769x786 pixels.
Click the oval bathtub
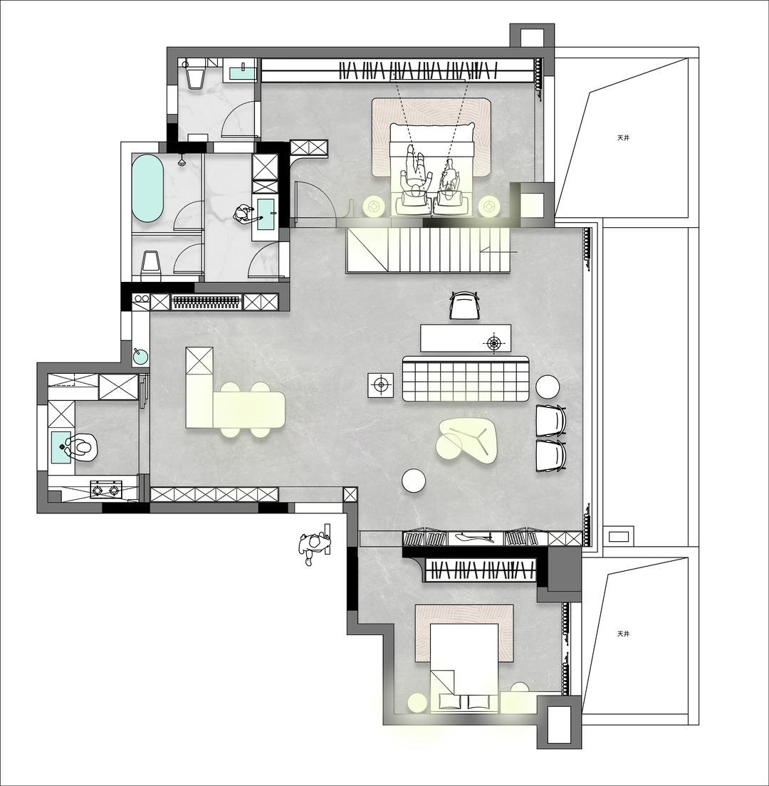click(x=147, y=189)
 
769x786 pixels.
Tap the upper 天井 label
click(x=623, y=137)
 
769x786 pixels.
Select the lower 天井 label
click(x=623, y=634)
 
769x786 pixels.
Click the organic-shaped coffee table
click(x=467, y=441)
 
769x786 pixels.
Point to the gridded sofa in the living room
click(x=466, y=379)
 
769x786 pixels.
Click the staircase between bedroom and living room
click(x=427, y=250)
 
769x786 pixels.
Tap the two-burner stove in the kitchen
click(x=106, y=489)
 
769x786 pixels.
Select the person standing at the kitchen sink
click(x=81, y=448)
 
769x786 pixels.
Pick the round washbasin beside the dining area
click(x=140, y=355)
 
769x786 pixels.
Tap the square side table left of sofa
click(x=381, y=385)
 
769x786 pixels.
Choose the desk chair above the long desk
click(x=465, y=305)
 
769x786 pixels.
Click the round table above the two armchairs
click(x=548, y=387)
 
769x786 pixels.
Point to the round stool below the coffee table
click(x=414, y=481)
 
